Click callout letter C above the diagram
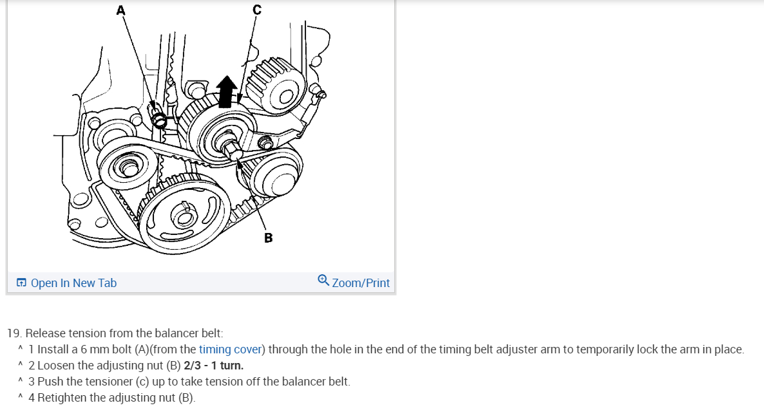tap(257, 9)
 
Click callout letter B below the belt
tap(269, 238)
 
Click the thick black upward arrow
tap(226, 91)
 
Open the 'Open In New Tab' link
tap(73, 283)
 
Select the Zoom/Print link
tap(361, 283)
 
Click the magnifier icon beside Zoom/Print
tap(323, 280)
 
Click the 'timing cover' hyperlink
tap(230, 349)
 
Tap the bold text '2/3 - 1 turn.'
tap(213, 366)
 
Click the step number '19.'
tap(14, 333)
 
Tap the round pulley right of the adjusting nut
tap(275, 173)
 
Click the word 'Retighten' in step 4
tap(64, 398)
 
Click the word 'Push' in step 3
tap(50, 382)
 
